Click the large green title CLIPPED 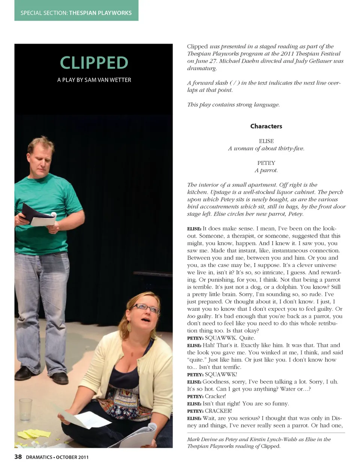(x=94, y=63)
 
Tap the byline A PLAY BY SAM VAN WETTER (x=94, y=80)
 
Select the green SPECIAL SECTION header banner (x=76, y=12)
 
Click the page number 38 (x=18, y=457)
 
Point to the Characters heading (x=266, y=126)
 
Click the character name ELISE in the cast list (x=266, y=141)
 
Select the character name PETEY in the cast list (x=266, y=163)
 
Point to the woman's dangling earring (x=129, y=327)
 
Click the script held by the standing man (x=37, y=215)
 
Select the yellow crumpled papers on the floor (x=34, y=434)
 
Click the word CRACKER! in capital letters (x=218, y=411)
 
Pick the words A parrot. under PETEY (x=266, y=170)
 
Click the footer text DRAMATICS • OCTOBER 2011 (x=57, y=457)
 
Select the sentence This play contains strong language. (x=233, y=104)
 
